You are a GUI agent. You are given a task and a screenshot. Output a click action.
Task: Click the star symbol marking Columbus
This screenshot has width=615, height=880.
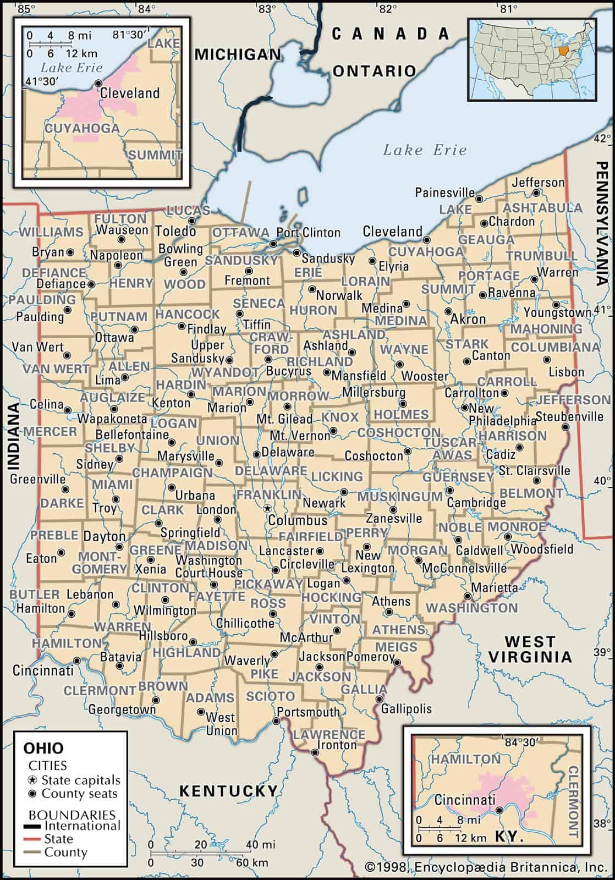pyautogui.click(x=267, y=508)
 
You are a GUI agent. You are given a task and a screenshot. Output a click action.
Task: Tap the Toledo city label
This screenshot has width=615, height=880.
pyautogui.click(x=175, y=230)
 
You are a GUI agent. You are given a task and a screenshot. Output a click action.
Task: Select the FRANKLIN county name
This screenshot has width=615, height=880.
pyautogui.click(x=269, y=495)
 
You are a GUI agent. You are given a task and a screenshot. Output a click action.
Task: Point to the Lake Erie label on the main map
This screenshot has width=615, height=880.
pyautogui.click(x=425, y=150)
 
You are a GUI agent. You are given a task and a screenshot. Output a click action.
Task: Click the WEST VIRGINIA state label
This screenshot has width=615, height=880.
pyautogui.click(x=530, y=648)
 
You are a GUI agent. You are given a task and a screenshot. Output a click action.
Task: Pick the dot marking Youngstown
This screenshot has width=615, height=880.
pyautogui.click(x=556, y=304)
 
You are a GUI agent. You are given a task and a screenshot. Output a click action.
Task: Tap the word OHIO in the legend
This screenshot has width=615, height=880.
pyautogui.click(x=43, y=748)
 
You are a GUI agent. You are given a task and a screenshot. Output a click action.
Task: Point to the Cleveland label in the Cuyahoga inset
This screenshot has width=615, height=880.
pyautogui.click(x=130, y=92)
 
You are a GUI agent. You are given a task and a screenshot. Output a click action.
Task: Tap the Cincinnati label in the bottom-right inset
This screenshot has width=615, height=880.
pyautogui.click(x=465, y=800)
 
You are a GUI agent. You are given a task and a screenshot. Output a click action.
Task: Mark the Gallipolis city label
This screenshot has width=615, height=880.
pyautogui.click(x=406, y=708)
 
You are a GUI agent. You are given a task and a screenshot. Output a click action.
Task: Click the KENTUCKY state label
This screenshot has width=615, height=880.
pyautogui.click(x=228, y=791)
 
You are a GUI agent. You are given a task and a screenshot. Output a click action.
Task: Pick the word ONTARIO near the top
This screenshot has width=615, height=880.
pyautogui.click(x=374, y=70)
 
